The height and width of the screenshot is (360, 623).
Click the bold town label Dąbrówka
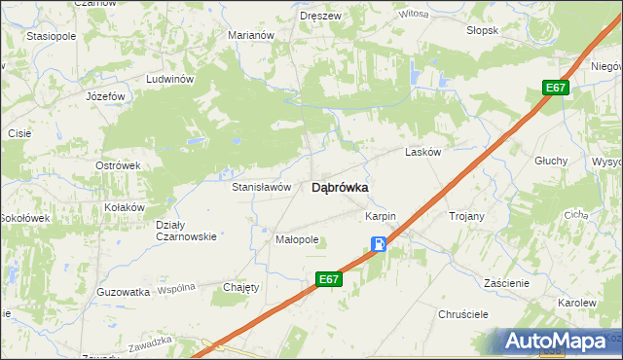(x=339, y=189)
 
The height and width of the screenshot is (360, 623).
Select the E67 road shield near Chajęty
(x=329, y=279)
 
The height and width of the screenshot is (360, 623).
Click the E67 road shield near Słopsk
(x=555, y=89)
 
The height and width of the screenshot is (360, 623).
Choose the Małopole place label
(x=298, y=238)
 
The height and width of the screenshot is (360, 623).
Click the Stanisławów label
(x=261, y=187)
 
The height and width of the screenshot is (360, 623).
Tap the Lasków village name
(x=423, y=153)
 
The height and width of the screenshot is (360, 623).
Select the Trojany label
(x=465, y=215)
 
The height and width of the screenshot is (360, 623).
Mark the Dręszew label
(x=319, y=16)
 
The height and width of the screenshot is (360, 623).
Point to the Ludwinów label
(x=170, y=79)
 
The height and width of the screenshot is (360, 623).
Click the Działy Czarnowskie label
(x=185, y=231)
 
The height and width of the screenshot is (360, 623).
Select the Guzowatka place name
(x=124, y=291)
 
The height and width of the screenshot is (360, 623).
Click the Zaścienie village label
(x=505, y=283)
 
